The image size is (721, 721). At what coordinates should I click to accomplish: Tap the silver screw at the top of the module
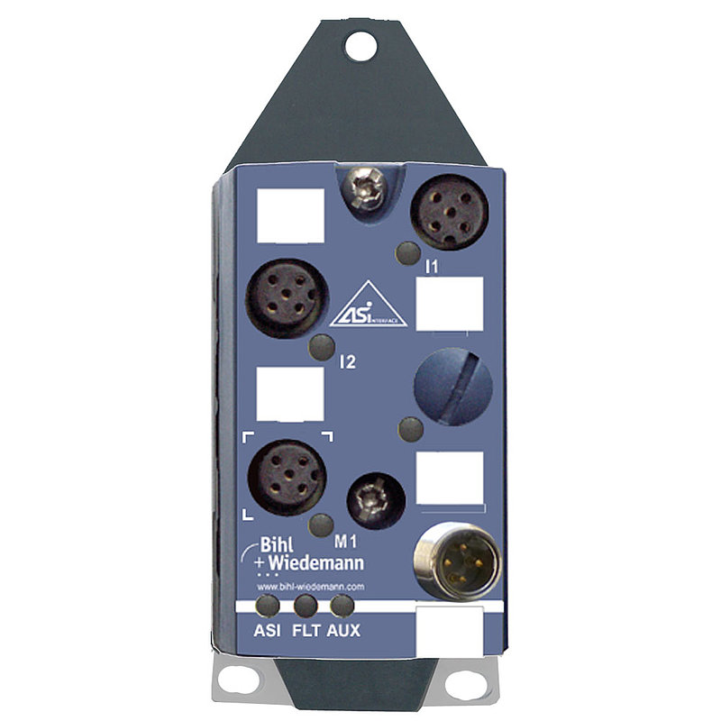click(x=367, y=189)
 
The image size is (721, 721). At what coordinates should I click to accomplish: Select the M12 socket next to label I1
click(x=449, y=212)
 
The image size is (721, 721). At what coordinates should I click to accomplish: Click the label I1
click(x=432, y=267)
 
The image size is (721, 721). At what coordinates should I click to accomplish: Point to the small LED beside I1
click(x=408, y=254)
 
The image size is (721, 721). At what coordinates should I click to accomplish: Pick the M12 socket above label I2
click(x=287, y=299)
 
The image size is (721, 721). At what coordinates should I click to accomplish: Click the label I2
click(x=347, y=362)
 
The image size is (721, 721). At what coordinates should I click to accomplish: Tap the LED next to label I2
click(x=322, y=348)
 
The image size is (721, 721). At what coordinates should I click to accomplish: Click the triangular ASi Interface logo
click(x=368, y=305)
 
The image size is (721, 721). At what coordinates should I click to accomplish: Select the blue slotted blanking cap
click(x=453, y=387)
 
